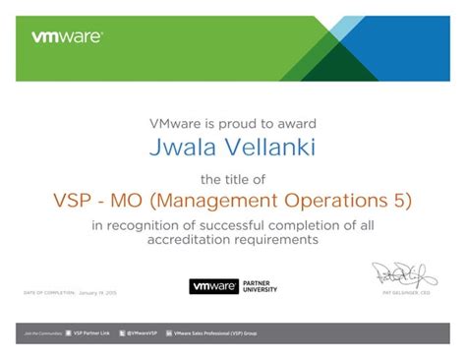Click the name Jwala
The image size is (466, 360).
181,147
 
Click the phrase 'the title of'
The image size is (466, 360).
233,180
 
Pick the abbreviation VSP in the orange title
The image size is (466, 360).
75,202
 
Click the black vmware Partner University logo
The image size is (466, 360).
233,287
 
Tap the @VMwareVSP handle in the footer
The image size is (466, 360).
144,334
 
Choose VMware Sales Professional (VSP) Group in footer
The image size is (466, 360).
215,334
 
